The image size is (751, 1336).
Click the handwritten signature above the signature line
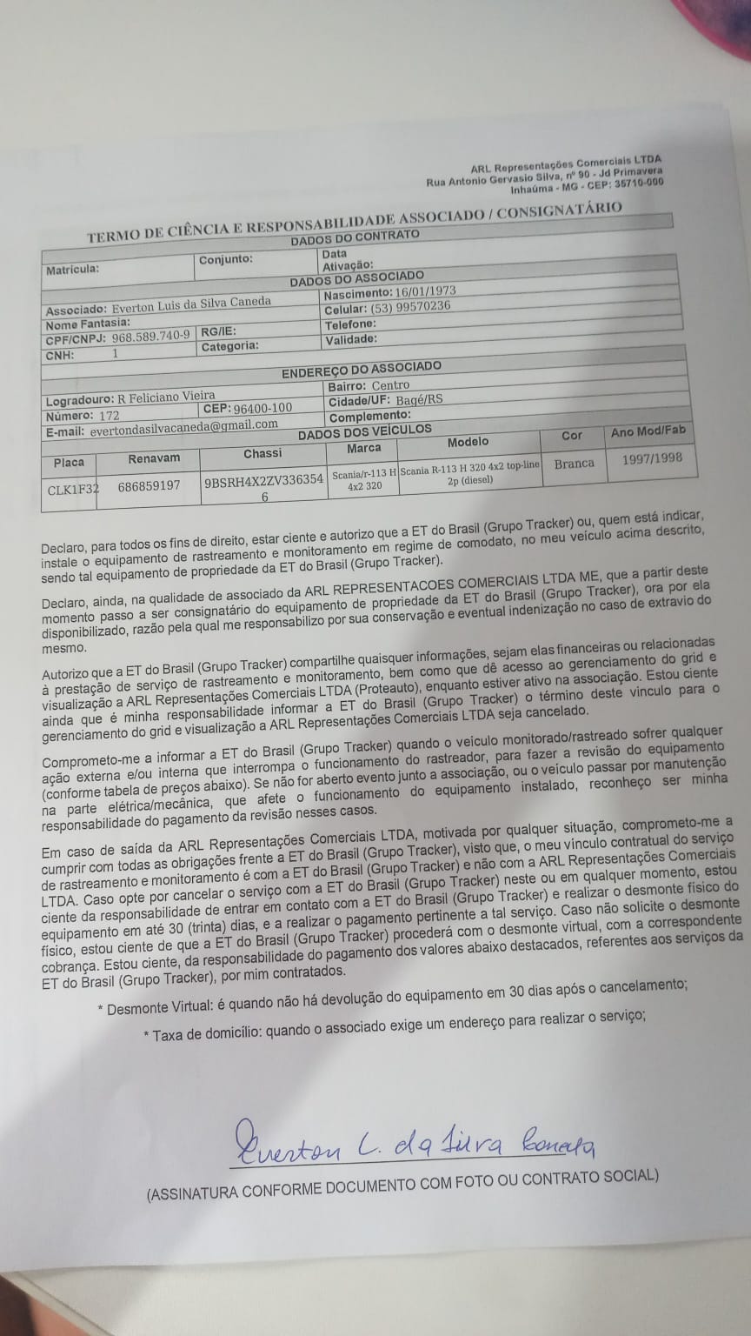pos(412,1141)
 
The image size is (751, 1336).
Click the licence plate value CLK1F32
pos(73,489)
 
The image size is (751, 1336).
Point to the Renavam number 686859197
pos(150,485)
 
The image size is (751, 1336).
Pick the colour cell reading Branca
pos(574,464)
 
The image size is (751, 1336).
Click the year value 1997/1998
pos(652,458)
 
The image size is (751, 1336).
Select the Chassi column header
pos(263,454)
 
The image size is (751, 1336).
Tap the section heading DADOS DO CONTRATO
pos(355,237)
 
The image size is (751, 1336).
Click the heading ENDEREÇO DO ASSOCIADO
pos(361,370)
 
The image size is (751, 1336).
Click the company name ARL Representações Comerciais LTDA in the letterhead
pos(566,164)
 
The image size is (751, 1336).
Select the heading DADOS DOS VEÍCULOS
pos(364,431)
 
